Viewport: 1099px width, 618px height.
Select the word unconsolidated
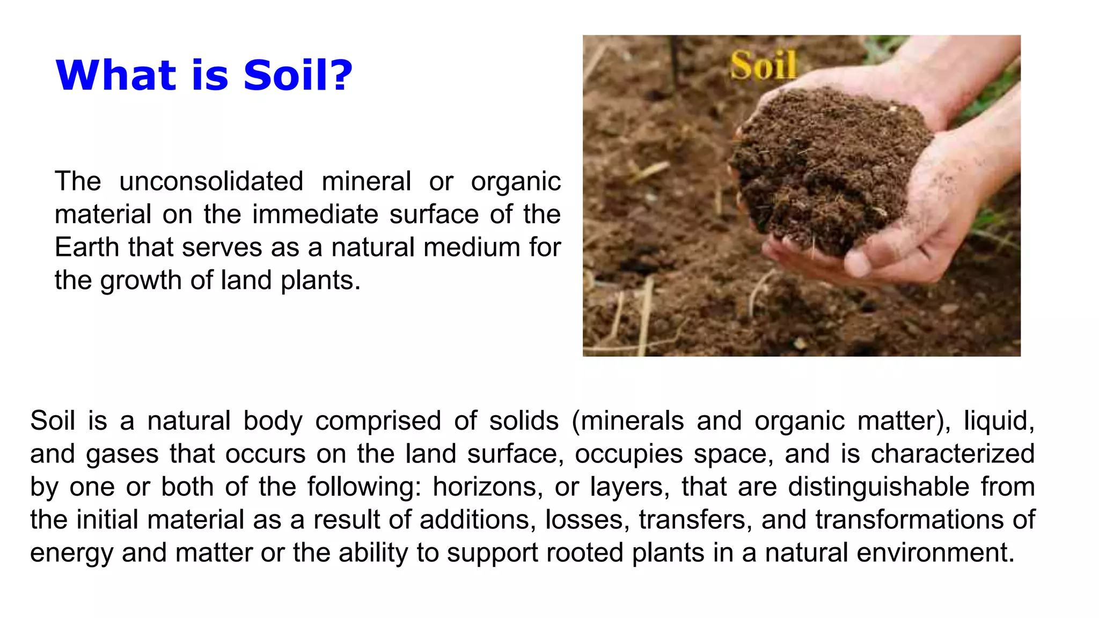(x=211, y=181)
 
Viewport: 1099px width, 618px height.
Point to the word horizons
(x=484, y=487)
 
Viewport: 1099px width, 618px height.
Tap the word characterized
(x=953, y=454)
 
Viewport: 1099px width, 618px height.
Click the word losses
(x=587, y=520)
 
